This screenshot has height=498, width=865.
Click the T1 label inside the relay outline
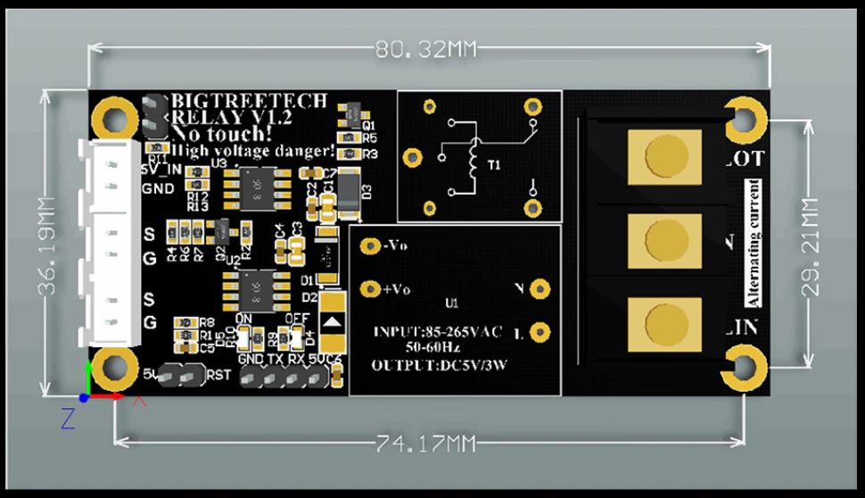[492, 165]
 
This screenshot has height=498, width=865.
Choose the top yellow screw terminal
[662, 153]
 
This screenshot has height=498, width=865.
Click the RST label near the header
[219, 375]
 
